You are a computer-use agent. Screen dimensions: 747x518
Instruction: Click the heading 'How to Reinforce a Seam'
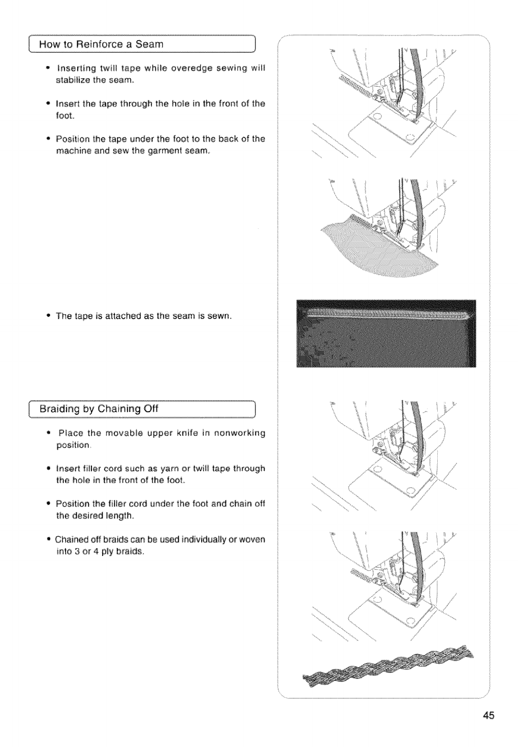tap(101, 44)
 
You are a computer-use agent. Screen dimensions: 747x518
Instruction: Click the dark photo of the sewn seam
tap(386, 333)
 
